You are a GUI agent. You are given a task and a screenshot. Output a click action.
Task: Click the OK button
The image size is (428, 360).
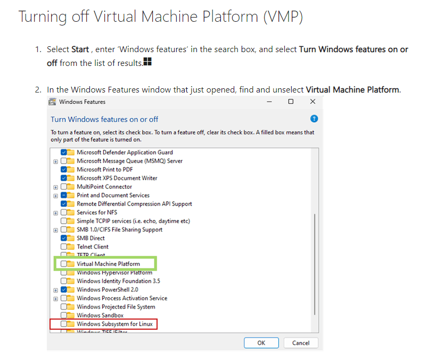click(261, 343)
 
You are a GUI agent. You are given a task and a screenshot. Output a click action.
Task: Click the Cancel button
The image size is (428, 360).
click(301, 343)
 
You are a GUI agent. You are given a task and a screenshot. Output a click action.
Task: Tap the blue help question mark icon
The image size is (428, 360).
click(314, 119)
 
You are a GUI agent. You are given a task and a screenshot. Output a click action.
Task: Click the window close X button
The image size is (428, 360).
click(312, 102)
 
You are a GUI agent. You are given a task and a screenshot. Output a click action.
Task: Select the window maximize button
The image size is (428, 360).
click(291, 102)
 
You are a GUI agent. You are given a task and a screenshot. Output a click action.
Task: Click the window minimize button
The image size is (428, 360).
click(270, 102)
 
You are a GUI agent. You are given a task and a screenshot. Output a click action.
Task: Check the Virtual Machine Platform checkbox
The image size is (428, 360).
click(64, 264)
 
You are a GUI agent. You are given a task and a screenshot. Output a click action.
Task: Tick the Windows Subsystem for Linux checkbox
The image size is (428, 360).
click(64, 324)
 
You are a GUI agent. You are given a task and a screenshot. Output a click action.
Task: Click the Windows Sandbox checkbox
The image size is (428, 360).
click(64, 315)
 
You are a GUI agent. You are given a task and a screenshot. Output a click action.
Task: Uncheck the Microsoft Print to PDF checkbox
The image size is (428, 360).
click(64, 170)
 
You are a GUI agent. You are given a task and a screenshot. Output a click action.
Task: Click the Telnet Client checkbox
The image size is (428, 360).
click(64, 247)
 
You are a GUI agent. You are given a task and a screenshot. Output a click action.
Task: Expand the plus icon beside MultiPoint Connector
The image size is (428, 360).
click(56, 187)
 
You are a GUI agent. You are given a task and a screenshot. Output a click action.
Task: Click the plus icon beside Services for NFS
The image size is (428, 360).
click(56, 213)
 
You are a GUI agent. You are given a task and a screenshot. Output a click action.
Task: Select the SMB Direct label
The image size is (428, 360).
click(90, 238)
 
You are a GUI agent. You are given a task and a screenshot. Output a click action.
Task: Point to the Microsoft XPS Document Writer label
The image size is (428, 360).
click(117, 178)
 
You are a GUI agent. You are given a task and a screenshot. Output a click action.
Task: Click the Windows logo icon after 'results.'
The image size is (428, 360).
click(148, 63)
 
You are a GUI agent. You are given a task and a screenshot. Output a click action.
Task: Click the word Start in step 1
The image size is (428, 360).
click(80, 49)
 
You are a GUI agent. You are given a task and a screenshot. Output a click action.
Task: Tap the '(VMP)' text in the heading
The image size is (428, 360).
click(283, 17)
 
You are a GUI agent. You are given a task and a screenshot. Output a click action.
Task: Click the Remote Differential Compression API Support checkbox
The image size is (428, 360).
click(64, 204)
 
